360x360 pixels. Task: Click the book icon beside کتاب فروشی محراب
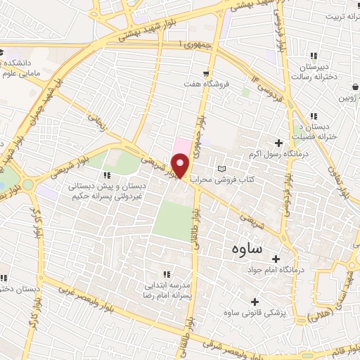click(223, 169)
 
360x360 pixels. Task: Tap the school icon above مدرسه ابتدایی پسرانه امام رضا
click(167, 274)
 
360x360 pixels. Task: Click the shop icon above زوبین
click(349, 89)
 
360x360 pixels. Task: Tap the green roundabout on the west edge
click(27, 185)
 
